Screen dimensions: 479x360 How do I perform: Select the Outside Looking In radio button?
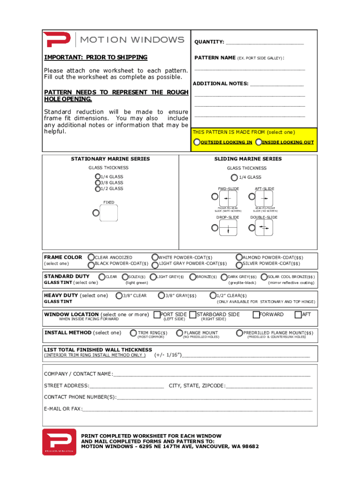(x=197, y=142)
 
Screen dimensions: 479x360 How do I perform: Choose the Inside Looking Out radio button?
(x=259, y=142)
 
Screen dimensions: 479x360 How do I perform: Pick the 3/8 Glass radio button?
(x=97, y=183)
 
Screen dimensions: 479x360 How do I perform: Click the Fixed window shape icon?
(x=108, y=213)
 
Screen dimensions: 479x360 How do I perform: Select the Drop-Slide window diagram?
(x=228, y=228)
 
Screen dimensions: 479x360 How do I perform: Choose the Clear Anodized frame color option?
(x=92, y=257)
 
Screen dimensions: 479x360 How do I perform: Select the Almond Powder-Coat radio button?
(x=239, y=257)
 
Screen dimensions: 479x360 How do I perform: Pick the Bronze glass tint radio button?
(x=193, y=277)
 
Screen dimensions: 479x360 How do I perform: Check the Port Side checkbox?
(x=157, y=315)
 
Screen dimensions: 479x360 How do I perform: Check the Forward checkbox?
(x=256, y=315)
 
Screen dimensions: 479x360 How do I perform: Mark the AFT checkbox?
(x=298, y=315)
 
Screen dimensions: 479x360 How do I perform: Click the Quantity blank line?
(x=265, y=43)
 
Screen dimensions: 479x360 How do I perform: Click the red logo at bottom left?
(x=59, y=442)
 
